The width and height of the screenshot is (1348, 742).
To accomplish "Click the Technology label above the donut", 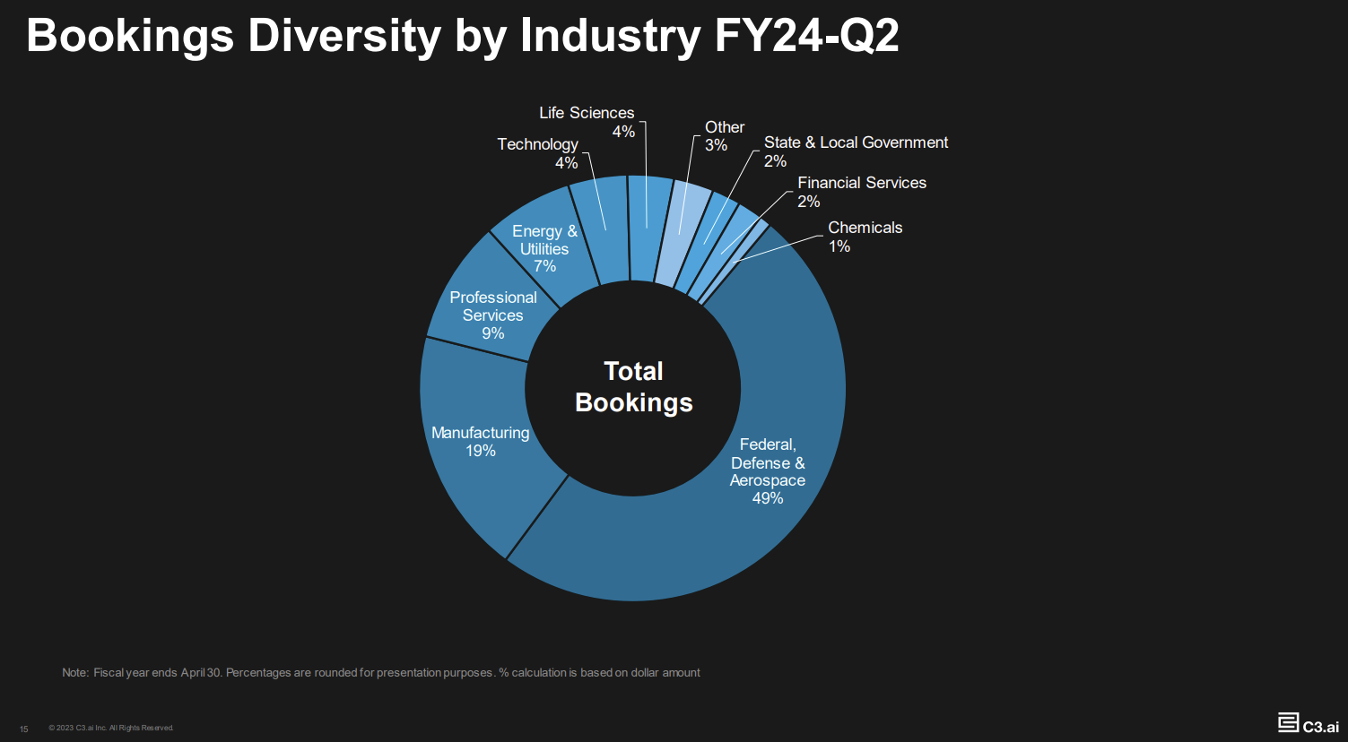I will [x=538, y=144].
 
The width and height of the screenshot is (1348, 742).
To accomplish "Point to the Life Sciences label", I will [x=587, y=113].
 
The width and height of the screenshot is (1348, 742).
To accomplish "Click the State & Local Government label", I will [x=856, y=142].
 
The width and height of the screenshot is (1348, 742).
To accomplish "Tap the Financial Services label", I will [x=861, y=183].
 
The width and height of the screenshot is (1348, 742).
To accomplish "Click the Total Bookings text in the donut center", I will [x=633, y=387].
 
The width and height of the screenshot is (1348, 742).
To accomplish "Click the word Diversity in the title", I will [x=344, y=38].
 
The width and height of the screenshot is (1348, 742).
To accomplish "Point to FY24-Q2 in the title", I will [x=806, y=38].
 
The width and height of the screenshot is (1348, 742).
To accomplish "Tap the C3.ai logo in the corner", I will [x=1309, y=724].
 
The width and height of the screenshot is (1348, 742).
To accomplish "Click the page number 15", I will [x=24, y=729].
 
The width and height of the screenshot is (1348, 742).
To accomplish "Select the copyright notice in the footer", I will [x=111, y=728].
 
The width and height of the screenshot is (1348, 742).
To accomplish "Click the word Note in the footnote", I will [x=74, y=673].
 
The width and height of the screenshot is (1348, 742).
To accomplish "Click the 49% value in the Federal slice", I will [x=768, y=498].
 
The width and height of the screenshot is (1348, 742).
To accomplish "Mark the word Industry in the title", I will [x=610, y=38].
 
